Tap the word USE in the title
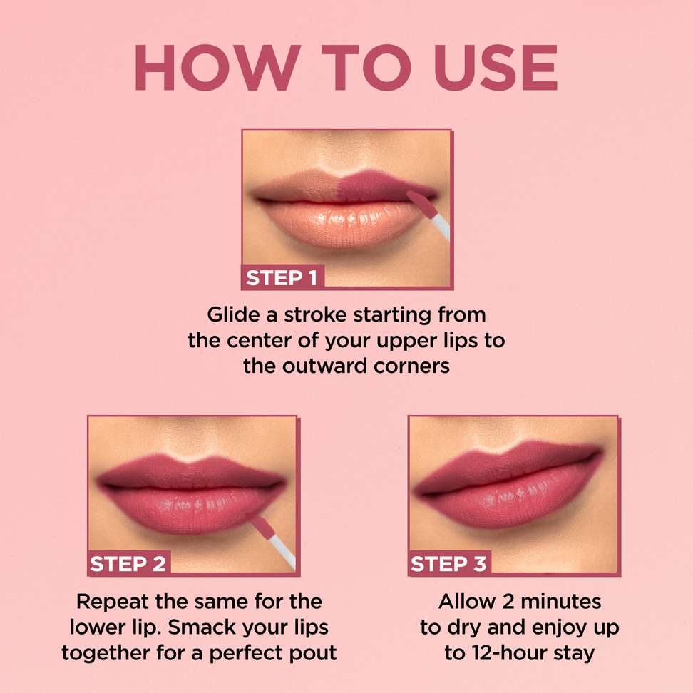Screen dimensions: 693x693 click(496, 67)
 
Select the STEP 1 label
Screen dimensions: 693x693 click(282, 278)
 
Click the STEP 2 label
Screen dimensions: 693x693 click(128, 564)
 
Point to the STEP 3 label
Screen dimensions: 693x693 click(448, 564)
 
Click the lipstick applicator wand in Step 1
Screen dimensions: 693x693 click(428, 215)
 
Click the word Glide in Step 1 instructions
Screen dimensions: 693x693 click(233, 314)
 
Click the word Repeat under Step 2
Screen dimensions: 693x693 click(111, 602)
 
